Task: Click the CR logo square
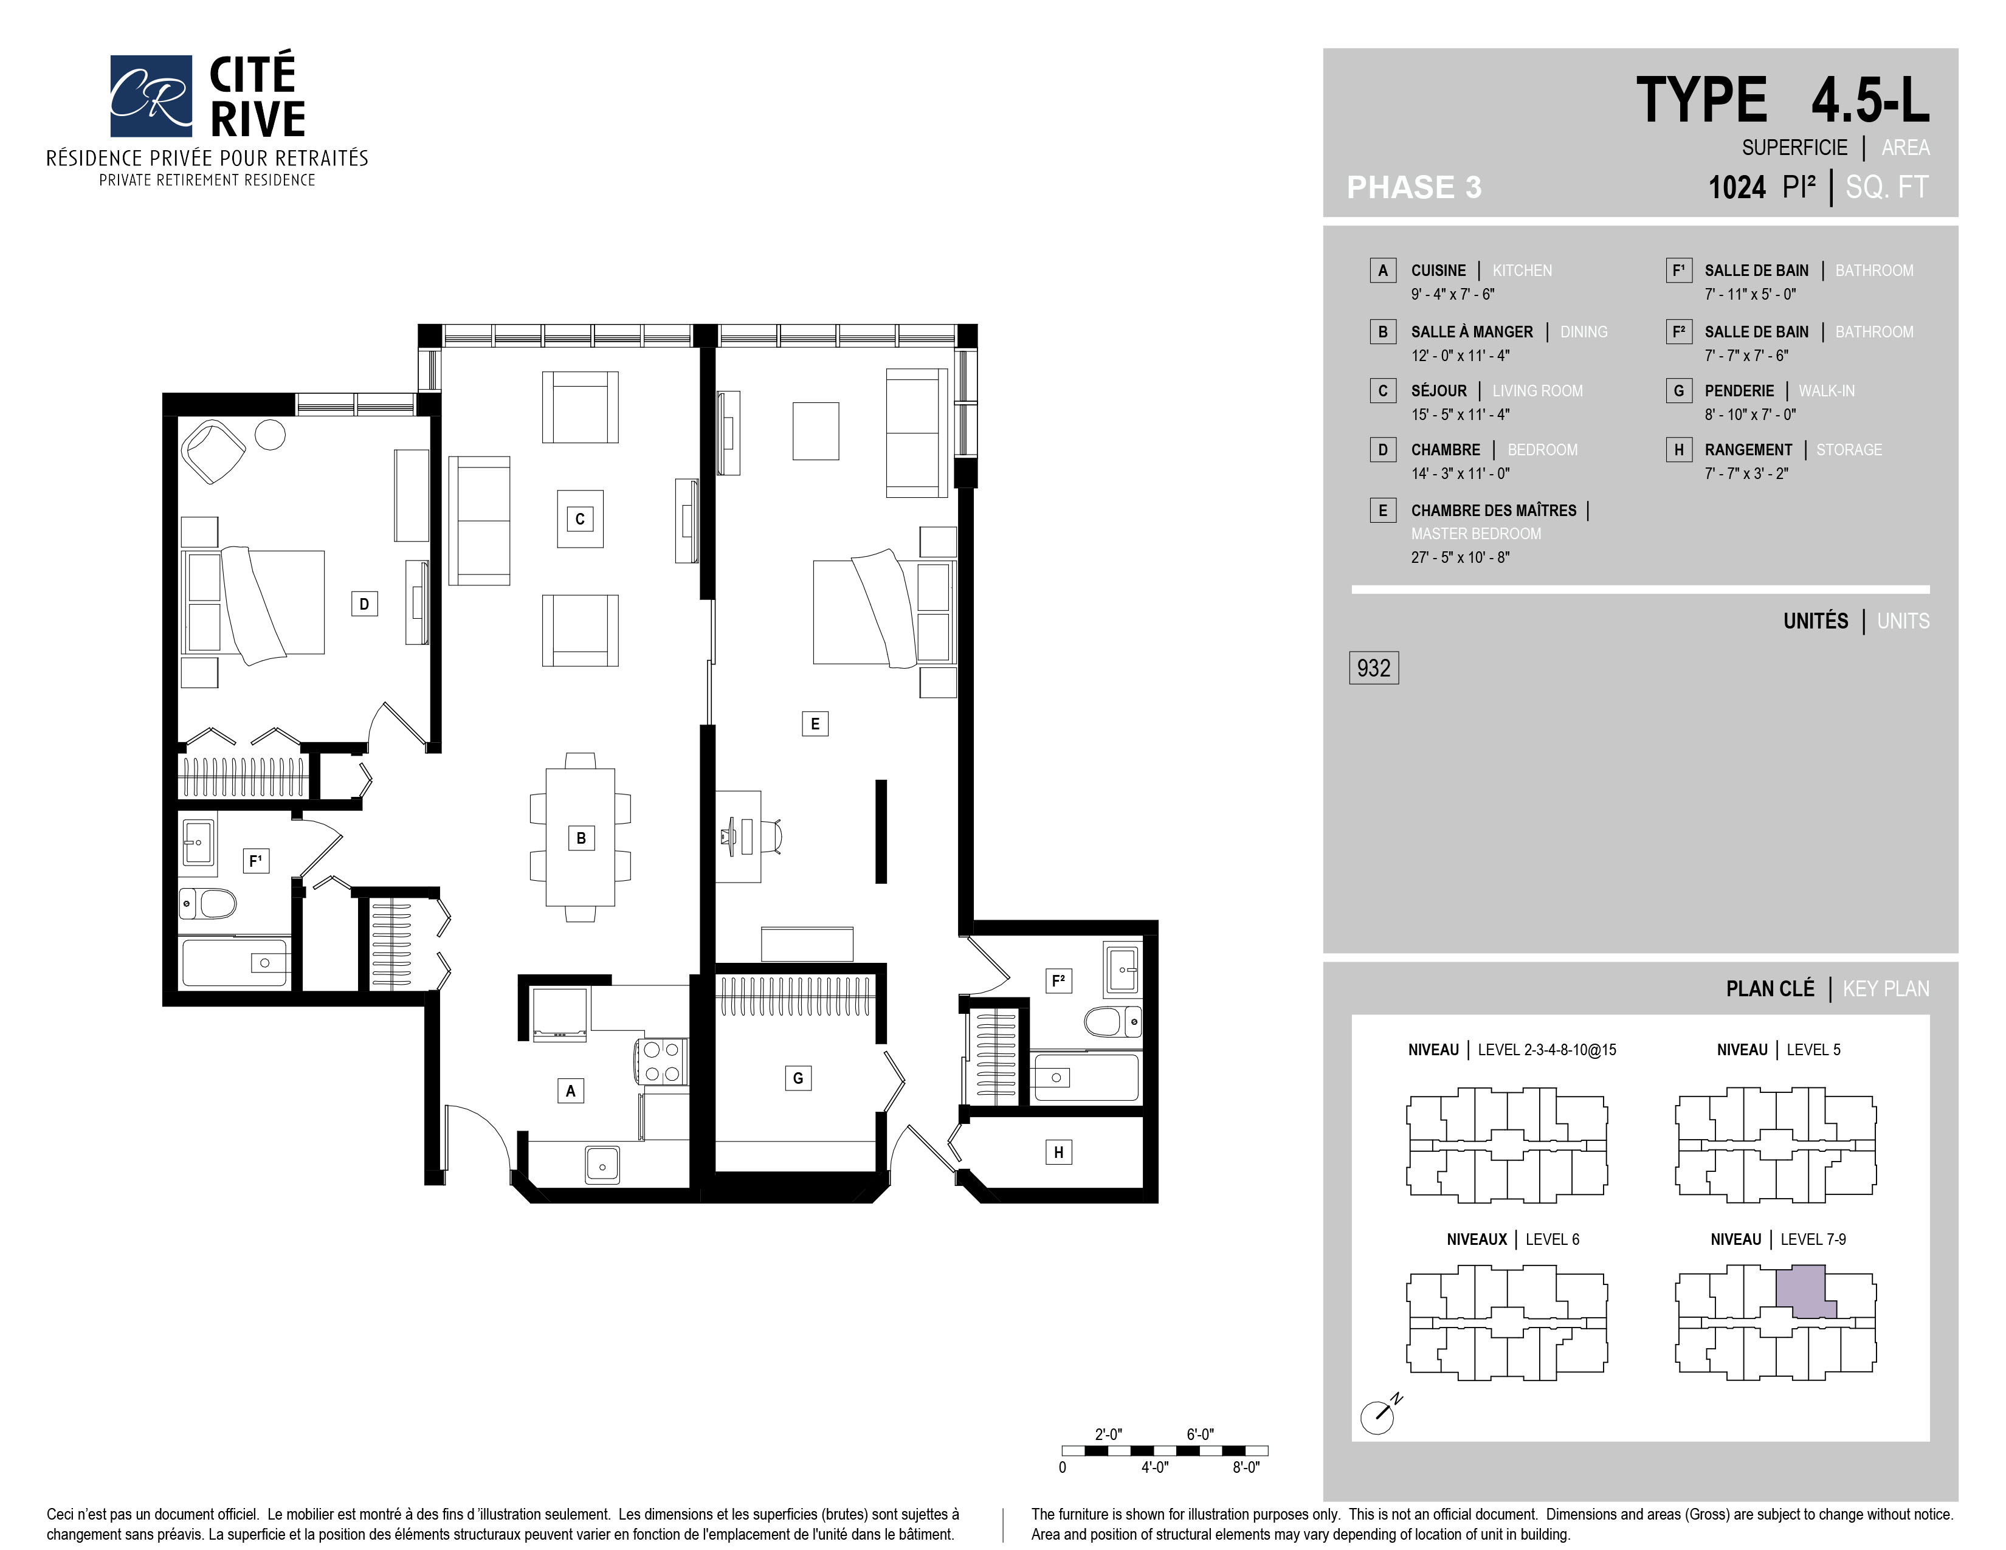[151, 95]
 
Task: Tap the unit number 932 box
[1373, 667]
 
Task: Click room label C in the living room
[579, 519]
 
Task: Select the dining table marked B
[581, 838]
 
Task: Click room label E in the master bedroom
[815, 723]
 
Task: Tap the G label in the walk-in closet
[798, 1078]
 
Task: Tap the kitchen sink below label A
[602, 1165]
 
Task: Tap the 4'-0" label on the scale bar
[1154, 1467]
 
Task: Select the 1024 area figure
[1737, 187]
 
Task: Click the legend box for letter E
[1382, 511]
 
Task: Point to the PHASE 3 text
[1413, 187]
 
